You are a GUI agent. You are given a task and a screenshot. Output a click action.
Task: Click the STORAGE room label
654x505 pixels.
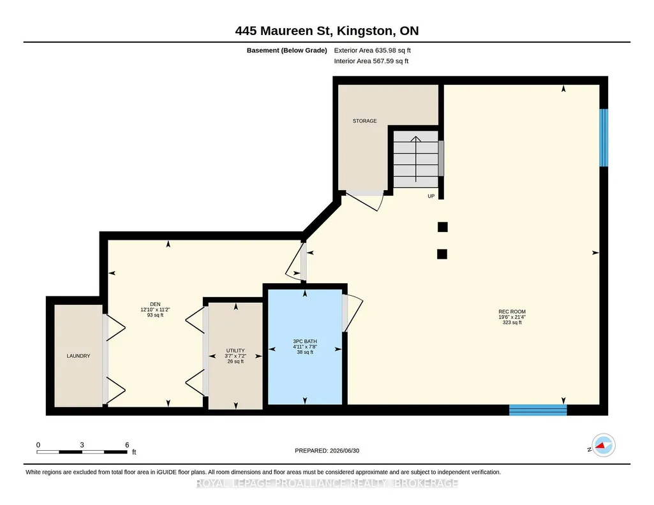(x=364, y=121)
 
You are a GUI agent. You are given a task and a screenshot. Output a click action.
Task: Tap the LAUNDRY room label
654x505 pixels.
(x=78, y=356)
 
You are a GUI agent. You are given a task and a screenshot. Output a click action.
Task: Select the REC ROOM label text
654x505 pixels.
(x=512, y=312)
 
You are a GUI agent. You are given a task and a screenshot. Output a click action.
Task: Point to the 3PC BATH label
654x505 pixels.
(x=305, y=341)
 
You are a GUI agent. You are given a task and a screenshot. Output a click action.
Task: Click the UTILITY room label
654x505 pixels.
(x=235, y=351)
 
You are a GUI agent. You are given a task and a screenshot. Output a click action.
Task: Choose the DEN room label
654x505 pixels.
(x=155, y=304)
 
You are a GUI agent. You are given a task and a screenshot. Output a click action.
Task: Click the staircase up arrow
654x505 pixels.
(x=416, y=159)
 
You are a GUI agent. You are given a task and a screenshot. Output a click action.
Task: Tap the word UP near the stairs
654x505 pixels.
(x=431, y=196)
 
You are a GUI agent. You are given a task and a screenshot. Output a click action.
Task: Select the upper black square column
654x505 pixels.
(x=443, y=227)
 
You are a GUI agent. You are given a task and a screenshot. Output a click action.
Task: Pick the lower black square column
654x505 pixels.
(x=442, y=254)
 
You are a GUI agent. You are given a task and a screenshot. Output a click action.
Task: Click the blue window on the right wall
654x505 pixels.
(x=604, y=138)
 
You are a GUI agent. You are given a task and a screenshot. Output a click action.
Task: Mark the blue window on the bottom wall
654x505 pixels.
(x=538, y=410)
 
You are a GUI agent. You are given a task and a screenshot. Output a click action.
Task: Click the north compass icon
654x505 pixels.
(x=604, y=446)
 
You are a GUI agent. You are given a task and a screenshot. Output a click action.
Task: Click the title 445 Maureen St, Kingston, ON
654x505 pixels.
(x=327, y=31)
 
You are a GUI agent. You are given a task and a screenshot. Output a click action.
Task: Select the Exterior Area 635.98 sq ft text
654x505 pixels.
(x=373, y=50)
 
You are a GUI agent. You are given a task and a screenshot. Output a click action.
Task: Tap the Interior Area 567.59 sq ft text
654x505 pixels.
(x=371, y=61)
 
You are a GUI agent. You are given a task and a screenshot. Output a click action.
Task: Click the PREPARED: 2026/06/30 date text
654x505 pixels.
(x=327, y=450)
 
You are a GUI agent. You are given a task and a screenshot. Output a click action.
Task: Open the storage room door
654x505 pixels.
(x=364, y=201)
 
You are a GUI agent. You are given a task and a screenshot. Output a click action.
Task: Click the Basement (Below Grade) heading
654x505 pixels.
(x=286, y=50)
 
